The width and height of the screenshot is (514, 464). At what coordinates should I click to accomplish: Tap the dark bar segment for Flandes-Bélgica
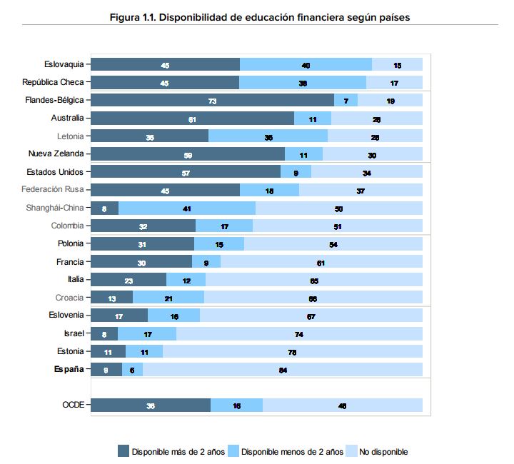pos(213,101)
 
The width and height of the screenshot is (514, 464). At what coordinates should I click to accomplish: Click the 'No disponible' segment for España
pos(282,369)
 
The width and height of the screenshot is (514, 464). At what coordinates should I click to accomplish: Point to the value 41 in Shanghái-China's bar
pos(186,208)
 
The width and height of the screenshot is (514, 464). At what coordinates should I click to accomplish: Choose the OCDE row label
pos(73,405)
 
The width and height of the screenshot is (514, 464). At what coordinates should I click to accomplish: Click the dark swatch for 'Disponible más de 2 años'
pos(124,451)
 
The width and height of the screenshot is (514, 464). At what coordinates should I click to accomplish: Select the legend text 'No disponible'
pos(383,452)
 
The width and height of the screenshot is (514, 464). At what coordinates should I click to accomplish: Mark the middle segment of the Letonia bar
pos(268,136)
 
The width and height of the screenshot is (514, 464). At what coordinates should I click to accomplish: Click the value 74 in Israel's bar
pos(299,333)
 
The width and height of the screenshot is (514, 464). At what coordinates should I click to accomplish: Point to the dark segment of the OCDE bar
pos(151,405)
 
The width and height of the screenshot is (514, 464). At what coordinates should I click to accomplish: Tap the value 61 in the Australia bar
pos(192,118)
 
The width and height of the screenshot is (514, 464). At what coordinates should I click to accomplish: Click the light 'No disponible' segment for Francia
pos(321,262)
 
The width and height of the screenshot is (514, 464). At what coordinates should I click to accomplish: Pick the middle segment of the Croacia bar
pos(168,298)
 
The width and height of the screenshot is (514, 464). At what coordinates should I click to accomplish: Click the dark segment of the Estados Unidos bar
pos(186,172)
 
